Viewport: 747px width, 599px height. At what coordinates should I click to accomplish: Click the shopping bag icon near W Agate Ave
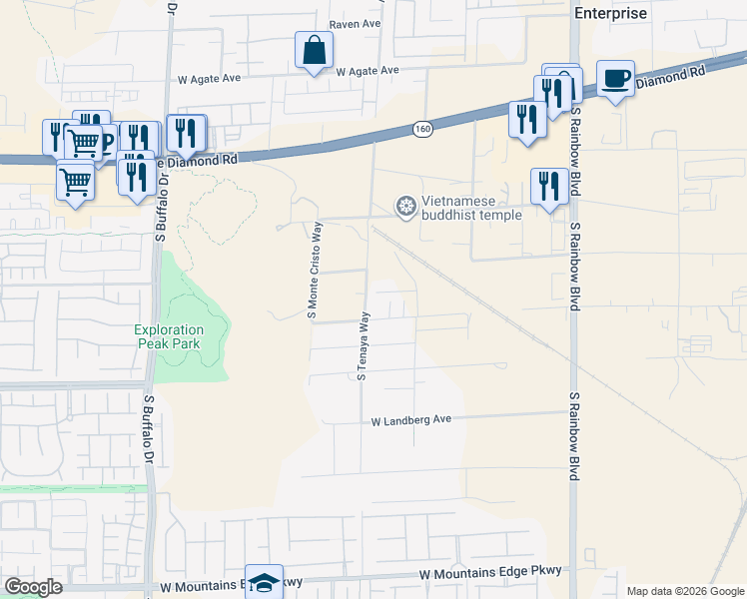314,50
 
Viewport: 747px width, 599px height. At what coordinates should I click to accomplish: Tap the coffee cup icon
615,78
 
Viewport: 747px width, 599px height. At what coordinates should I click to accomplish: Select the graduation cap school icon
264,583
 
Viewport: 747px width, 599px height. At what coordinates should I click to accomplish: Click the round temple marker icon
405,207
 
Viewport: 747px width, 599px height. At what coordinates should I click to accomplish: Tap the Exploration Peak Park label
170,336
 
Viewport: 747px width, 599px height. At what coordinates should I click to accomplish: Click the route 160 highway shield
422,129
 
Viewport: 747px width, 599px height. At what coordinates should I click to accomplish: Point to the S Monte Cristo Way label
312,271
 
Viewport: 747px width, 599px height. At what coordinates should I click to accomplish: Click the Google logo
33,587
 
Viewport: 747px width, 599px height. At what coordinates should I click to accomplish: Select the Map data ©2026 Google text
684,591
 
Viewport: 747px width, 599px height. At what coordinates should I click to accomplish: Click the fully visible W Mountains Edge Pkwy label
490,573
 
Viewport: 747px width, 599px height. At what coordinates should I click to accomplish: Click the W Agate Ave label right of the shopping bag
368,71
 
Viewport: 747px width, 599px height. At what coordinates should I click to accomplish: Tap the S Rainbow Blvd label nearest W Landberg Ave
574,436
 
